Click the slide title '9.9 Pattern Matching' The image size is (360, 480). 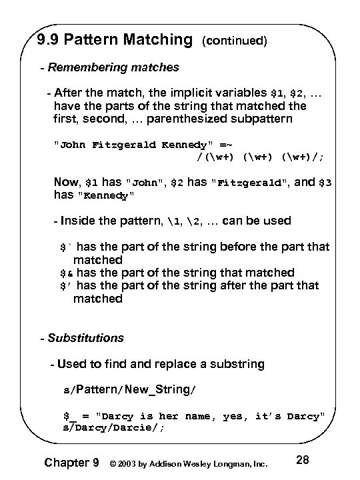pyautogui.click(x=115, y=40)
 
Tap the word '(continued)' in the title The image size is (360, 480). pyautogui.click(x=234, y=41)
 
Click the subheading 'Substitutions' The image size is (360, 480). pyautogui.click(x=85, y=338)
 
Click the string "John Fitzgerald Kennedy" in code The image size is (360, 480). pyautogui.click(x=139, y=145)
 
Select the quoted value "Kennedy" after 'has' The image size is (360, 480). pyautogui.click(x=107, y=195)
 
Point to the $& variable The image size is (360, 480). pyautogui.click(x=65, y=273)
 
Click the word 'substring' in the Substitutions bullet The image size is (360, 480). pyautogui.click(x=236, y=364)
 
